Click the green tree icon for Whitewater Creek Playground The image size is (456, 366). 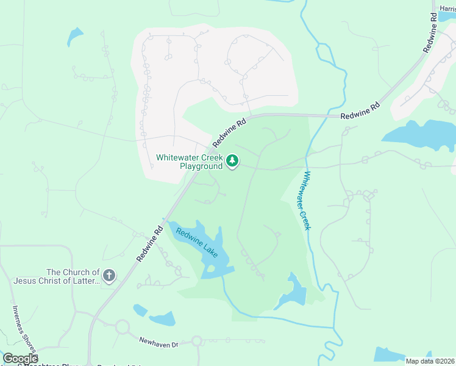232,161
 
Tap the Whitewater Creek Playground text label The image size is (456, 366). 190,162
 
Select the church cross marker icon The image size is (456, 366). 109,276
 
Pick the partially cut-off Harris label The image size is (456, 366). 447,8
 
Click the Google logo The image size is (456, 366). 20,358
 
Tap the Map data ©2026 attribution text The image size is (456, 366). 430,361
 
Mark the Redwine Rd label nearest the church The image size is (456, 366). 150,244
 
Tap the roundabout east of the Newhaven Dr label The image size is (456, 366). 196,340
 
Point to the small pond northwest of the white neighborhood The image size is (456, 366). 75,36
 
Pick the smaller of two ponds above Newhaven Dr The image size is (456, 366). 140,310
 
